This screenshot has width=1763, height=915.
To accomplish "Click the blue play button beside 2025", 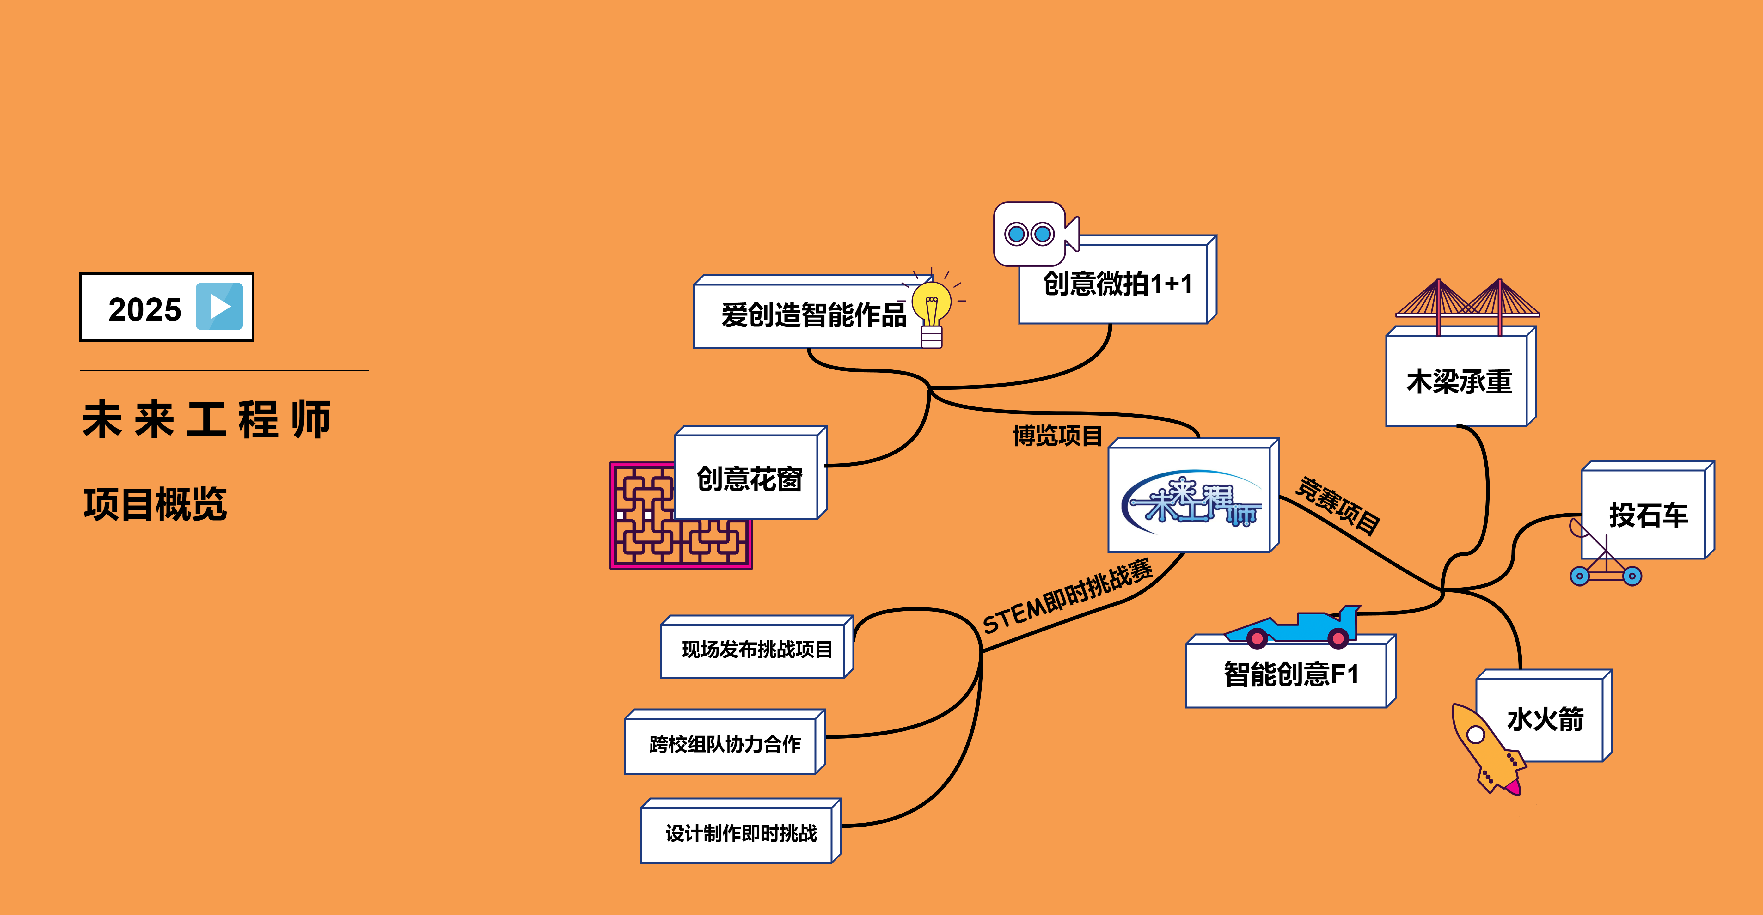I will click(219, 307).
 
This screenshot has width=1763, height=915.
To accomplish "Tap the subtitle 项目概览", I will click(155, 504).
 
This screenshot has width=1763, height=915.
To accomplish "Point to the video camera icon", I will click(1033, 234).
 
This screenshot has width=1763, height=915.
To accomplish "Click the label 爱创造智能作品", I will click(813, 315).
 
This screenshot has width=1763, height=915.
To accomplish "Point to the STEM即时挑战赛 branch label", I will click(1068, 597).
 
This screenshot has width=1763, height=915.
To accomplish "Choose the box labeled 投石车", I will click(1648, 515).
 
